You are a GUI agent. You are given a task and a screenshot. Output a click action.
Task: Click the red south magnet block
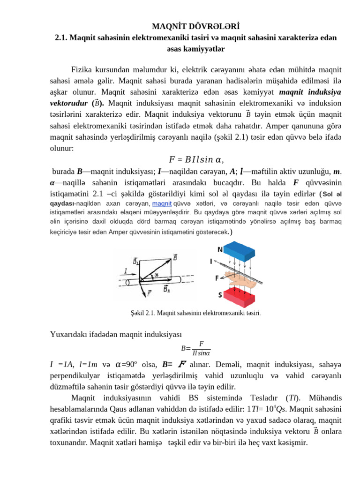pos(239,297)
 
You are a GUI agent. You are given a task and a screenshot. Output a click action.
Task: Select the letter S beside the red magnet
pos(219,295)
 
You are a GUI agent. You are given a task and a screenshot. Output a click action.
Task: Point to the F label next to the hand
pos(217,278)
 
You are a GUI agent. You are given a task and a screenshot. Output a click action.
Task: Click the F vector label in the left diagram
pos(149,294)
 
